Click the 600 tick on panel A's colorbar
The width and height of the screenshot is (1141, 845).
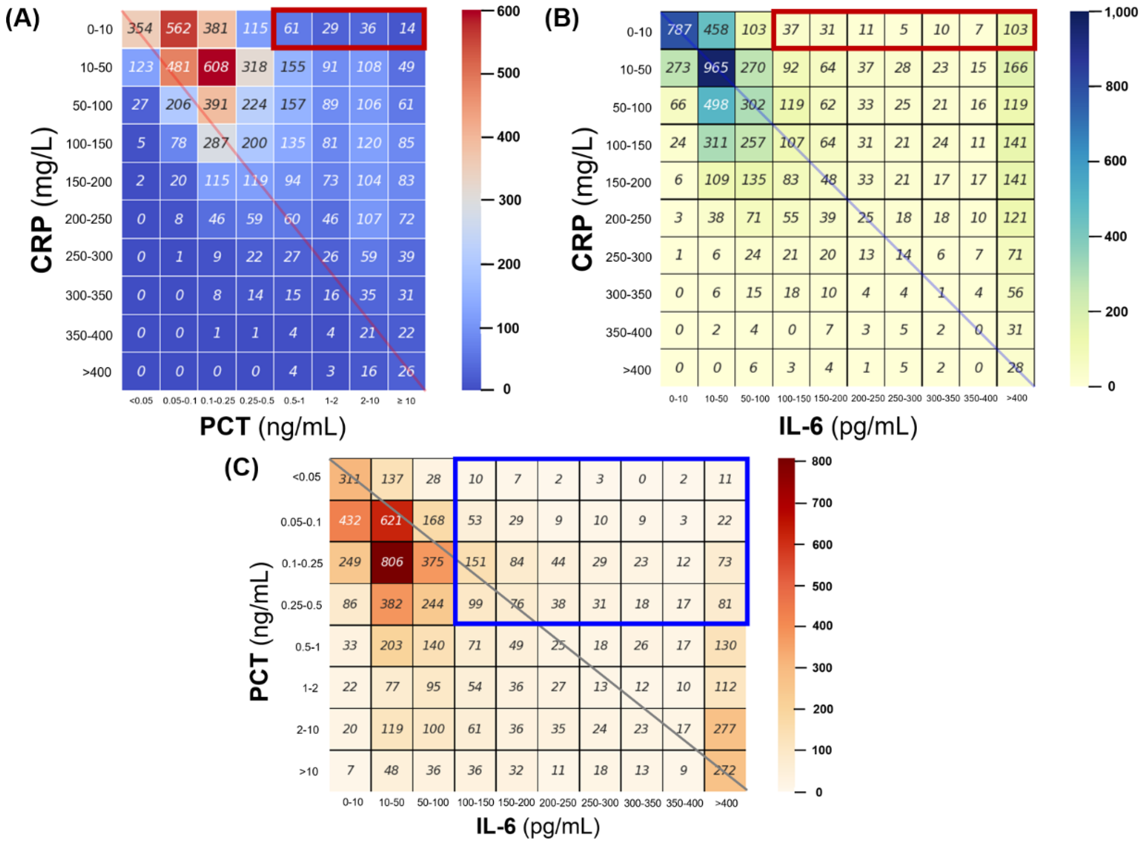pyautogui.click(x=508, y=11)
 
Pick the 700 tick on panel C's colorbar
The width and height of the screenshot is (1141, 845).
pyautogui.click(x=821, y=503)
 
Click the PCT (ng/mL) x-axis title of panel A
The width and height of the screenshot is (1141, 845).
pyautogui.click(x=273, y=426)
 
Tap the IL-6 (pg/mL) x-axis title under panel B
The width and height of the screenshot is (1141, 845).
pyautogui.click(x=848, y=426)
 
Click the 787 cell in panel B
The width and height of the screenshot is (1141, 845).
pyautogui.click(x=679, y=30)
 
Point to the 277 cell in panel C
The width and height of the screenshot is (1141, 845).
pyautogui.click(x=725, y=728)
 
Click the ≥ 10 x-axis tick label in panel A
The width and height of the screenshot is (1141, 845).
pyautogui.click(x=406, y=401)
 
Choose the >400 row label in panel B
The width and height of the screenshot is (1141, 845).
pyautogui.click(x=637, y=370)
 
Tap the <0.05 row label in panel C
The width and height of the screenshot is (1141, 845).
pyautogui.click(x=307, y=477)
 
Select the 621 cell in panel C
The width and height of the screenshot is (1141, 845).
pyautogui.click(x=391, y=520)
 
